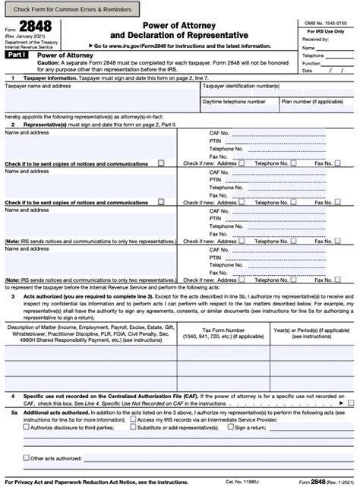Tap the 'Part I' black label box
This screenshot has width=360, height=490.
(x=17, y=56)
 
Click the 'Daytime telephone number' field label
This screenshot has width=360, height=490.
(x=234, y=101)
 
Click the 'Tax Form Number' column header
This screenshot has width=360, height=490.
(x=224, y=330)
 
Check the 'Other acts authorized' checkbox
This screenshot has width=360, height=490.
(x=27, y=458)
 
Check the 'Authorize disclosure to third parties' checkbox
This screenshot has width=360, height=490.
(x=27, y=427)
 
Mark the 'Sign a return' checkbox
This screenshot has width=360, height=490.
(x=229, y=427)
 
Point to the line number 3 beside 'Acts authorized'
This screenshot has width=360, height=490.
(x=12, y=296)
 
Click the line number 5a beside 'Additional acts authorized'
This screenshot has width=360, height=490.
(x=13, y=410)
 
